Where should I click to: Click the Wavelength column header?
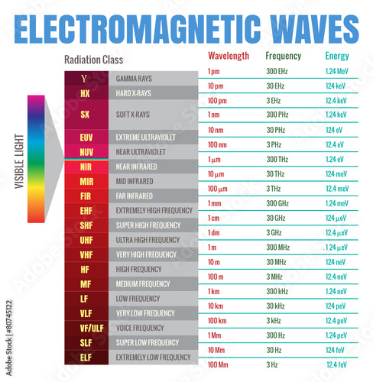tap(228, 57)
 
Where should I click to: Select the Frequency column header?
tap(283, 57)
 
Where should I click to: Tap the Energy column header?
tap(336, 57)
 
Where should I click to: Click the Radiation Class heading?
tap(94, 60)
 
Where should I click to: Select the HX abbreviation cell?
tap(86, 93)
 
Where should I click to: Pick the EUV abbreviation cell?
tap(86, 137)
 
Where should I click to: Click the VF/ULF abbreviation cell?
tap(86, 328)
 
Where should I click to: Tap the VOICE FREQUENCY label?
tap(140, 328)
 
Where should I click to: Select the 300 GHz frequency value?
tap(277, 203)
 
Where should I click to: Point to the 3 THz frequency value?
tap(272, 189)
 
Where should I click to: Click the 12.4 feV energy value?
tap(336, 364)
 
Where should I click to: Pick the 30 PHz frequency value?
tap(276, 130)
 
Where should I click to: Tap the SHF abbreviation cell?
tap(86, 225)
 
